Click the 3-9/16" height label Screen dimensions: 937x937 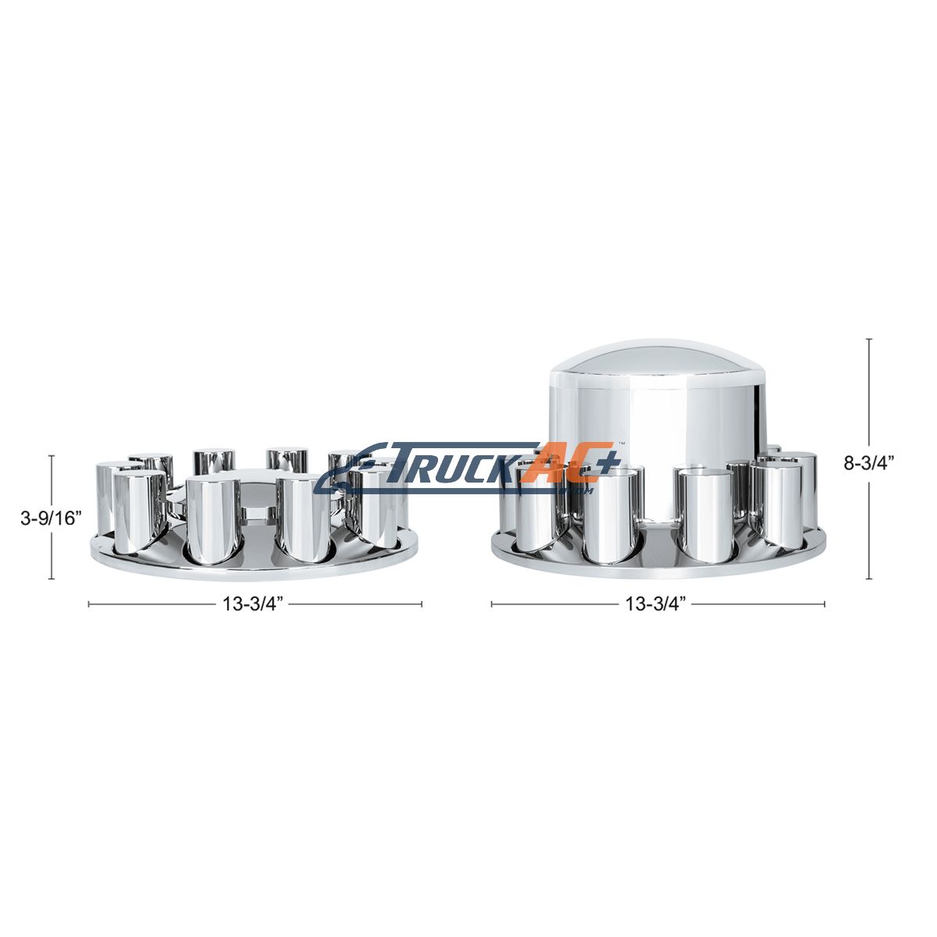click(x=50, y=518)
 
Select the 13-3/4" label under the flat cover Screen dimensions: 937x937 click(x=253, y=604)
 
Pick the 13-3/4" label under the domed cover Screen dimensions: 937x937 click(x=655, y=604)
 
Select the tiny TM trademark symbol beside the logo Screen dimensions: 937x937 click(x=621, y=444)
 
